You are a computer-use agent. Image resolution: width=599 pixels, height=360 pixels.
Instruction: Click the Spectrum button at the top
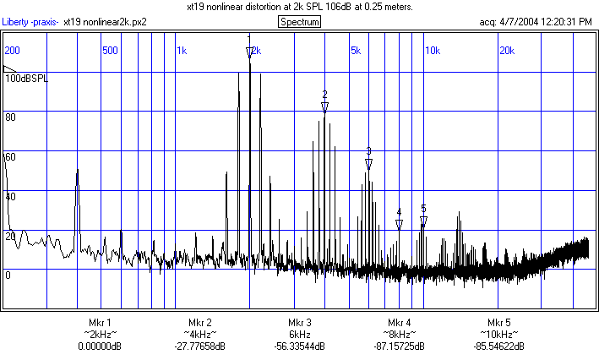pyautogui.click(x=300, y=21)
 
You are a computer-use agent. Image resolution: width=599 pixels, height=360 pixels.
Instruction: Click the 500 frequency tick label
pyautogui.click(x=109, y=51)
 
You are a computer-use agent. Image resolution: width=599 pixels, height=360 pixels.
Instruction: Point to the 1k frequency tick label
pyautogui.click(x=182, y=51)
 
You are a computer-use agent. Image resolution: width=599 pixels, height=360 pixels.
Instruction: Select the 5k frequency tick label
pyautogui.click(x=356, y=51)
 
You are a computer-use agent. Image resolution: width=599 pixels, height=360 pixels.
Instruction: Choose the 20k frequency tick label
pyautogui.click(x=507, y=51)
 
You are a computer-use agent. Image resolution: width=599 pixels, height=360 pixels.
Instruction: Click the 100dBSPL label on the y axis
pyautogui.click(x=27, y=78)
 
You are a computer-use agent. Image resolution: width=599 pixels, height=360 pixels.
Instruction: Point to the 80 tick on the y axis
pyautogui.click(x=11, y=117)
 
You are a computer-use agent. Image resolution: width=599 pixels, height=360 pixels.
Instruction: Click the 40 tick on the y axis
pyautogui.click(x=11, y=196)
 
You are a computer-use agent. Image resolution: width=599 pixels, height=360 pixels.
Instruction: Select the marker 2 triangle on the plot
pyautogui.click(x=324, y=106)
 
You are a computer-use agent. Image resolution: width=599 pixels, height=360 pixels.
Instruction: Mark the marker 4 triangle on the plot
pyautogui.click(x=399, y=225)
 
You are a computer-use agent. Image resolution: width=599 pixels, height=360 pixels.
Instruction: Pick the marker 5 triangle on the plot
pyautogui.click(x=423, y=221)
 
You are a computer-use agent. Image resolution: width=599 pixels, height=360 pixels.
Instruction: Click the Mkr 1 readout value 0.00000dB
pyautogui.click(x=100, y=346)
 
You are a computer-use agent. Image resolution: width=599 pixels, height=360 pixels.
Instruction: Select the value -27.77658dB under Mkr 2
pyautogui.click(x=199, y=346)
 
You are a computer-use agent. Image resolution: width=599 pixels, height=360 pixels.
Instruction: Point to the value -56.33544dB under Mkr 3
pyautogui.click(x=299, y=346)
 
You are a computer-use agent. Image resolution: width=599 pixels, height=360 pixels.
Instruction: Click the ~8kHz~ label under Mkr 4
pyautogui.click(x=399, y=335)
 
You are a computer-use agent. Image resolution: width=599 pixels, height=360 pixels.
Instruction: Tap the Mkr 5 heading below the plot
pyautogui.click(x=498, y=323)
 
